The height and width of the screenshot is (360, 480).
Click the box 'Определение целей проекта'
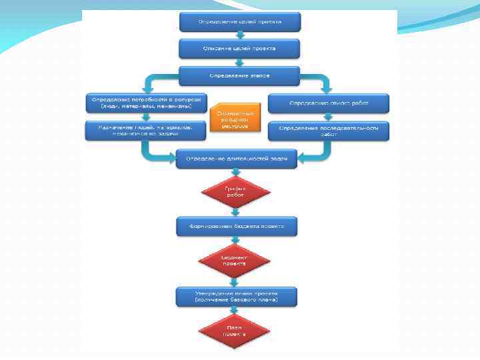239,22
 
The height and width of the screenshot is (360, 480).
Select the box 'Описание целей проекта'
239,49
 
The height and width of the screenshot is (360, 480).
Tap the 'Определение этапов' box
239,75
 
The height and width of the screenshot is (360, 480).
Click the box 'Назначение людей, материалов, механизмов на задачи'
145,131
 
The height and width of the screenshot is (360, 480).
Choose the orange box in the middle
232,119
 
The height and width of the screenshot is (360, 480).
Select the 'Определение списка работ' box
329,103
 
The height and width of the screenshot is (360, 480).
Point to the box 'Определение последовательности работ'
329,131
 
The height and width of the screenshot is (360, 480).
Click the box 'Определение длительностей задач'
237,159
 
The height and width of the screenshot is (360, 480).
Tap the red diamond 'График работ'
235,192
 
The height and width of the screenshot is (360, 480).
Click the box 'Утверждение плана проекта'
236,297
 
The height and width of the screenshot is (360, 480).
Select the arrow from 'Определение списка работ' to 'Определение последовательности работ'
329,117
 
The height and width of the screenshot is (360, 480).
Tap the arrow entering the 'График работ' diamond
236,173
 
